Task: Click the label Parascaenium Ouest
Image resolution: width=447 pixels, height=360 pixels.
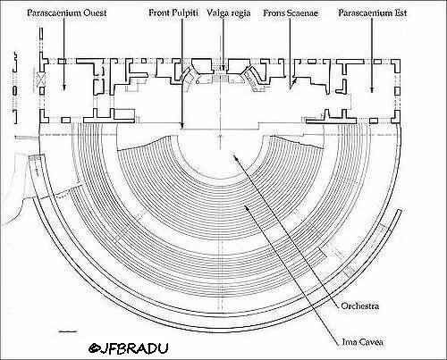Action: click(x=67, y=13)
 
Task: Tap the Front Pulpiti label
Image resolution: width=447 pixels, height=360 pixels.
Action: click(x=173, y=13)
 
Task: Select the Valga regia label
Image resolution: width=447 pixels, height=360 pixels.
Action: click(x=229, y=13)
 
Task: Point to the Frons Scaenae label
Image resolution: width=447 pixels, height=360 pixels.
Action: click(x=291, y=13)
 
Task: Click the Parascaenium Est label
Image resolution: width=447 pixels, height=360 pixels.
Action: click(x=372, y=13)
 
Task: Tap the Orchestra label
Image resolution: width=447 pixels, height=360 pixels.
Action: click(x=360, y=306)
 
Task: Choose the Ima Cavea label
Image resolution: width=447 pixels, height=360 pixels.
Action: click(x=362, y=341)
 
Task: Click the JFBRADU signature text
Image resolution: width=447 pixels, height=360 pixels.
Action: click(x=129, y=348)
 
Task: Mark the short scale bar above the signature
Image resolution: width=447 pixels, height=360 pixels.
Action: click(x=68, y=331)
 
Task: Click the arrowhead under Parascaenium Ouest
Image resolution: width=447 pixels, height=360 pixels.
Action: click(x=63, y=88)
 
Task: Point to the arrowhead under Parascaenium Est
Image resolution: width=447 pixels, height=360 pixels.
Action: click(x=372, y=89)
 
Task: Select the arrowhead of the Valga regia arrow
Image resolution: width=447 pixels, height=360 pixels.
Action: click(x=223, y=69)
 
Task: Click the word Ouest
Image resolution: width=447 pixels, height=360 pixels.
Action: click(x=95, y=13)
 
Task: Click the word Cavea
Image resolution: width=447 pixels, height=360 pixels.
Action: click(x=370, y=342)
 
